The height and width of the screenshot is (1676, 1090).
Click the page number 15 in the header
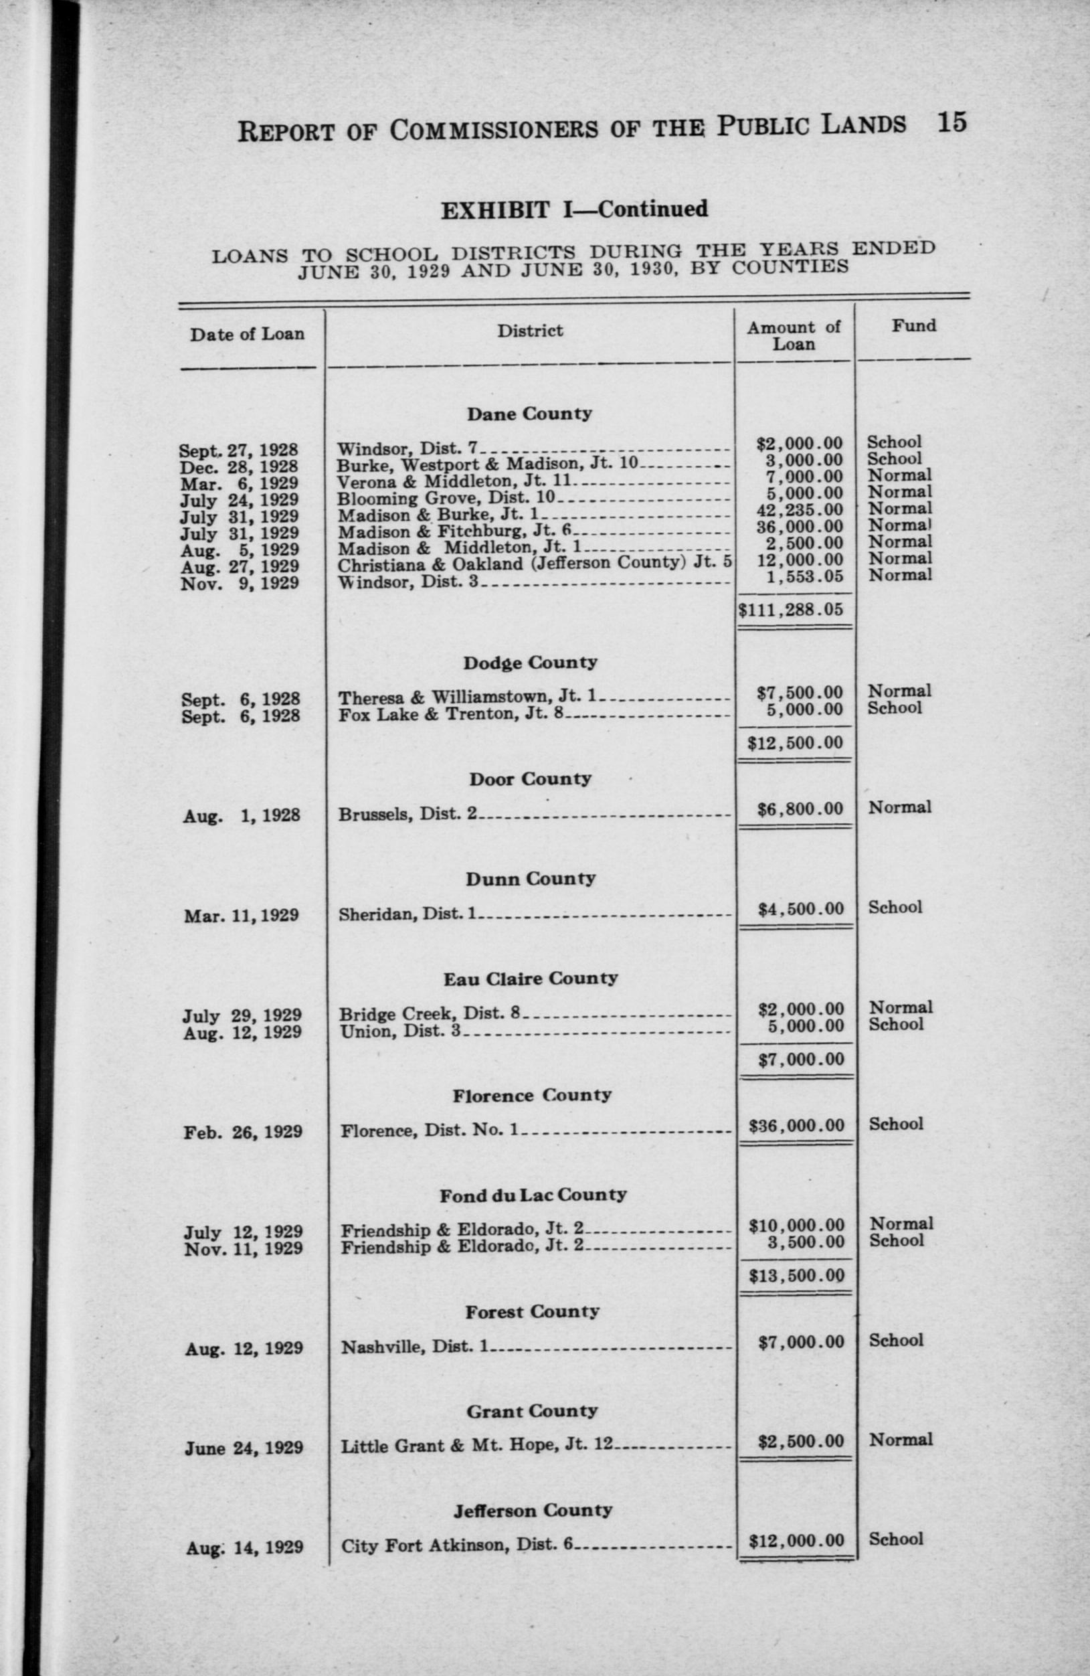[951, 122]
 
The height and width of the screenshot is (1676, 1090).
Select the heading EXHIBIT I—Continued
[574, 209]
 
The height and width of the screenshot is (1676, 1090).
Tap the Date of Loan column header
[246, 335]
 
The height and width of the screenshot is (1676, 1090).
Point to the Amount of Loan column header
[794, 336]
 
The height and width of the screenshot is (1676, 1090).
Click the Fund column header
[914, 326]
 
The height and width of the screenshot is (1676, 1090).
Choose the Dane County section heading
[529, 414]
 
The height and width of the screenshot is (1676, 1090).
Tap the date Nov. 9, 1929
[240, 583]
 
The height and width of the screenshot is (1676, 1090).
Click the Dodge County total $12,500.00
[795, 742]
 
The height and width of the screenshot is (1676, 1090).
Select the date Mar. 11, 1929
[242, 916]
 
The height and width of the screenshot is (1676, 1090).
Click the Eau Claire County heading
[530, 979]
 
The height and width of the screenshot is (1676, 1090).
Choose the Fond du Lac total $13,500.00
[796, 1275]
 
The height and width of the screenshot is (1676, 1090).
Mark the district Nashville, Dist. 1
[415, 1347]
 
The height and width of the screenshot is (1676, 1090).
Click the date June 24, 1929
[244, 1448]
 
